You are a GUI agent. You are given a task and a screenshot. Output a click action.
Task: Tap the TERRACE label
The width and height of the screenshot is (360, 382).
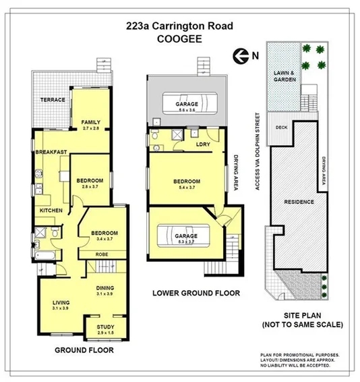tap(53, 100)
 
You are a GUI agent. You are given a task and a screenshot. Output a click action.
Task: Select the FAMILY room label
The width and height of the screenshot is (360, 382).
tap(91, 122)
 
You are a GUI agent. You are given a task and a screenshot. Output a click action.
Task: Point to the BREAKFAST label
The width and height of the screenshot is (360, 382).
tap(51, 153)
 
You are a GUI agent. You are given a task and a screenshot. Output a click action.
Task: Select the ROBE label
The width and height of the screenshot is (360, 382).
tap(102, 254)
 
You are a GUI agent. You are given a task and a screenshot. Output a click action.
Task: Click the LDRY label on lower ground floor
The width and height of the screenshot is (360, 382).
tap(202, 144)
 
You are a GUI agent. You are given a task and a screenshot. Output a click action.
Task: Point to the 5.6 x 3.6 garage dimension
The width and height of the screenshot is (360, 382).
tap(188, 110)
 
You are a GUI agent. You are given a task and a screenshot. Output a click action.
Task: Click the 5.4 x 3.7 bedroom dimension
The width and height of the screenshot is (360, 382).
tap(187, 188)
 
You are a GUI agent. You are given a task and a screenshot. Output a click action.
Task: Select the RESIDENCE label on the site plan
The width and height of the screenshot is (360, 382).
tap(299, 202)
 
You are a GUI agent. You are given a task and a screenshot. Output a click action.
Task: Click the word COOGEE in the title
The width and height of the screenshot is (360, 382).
tap(179, 39)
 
